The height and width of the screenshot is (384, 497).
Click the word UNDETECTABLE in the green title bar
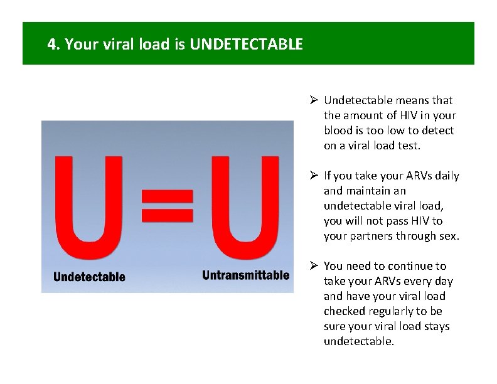coord(246,45)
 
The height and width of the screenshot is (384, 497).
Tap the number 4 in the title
coord(51,45)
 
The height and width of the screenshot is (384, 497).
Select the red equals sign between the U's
coord(166,206)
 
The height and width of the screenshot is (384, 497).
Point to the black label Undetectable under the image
coord(89,277)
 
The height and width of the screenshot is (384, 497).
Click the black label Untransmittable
coord(245,275)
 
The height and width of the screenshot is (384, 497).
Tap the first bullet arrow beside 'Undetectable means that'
coord(314,100)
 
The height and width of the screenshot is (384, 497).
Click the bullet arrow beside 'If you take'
coord(314,176)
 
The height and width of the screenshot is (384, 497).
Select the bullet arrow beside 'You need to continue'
coord(314,266)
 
